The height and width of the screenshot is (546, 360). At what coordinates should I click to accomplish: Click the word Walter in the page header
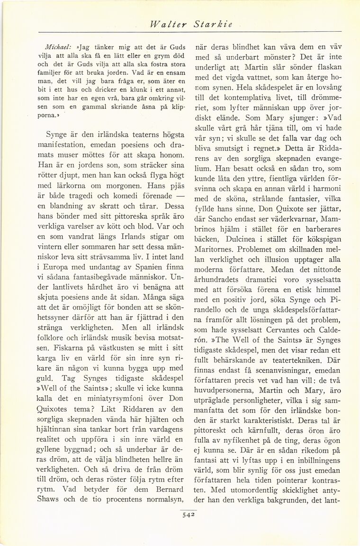point(165,24)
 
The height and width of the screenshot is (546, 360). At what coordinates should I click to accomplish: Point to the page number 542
point(182,512)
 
